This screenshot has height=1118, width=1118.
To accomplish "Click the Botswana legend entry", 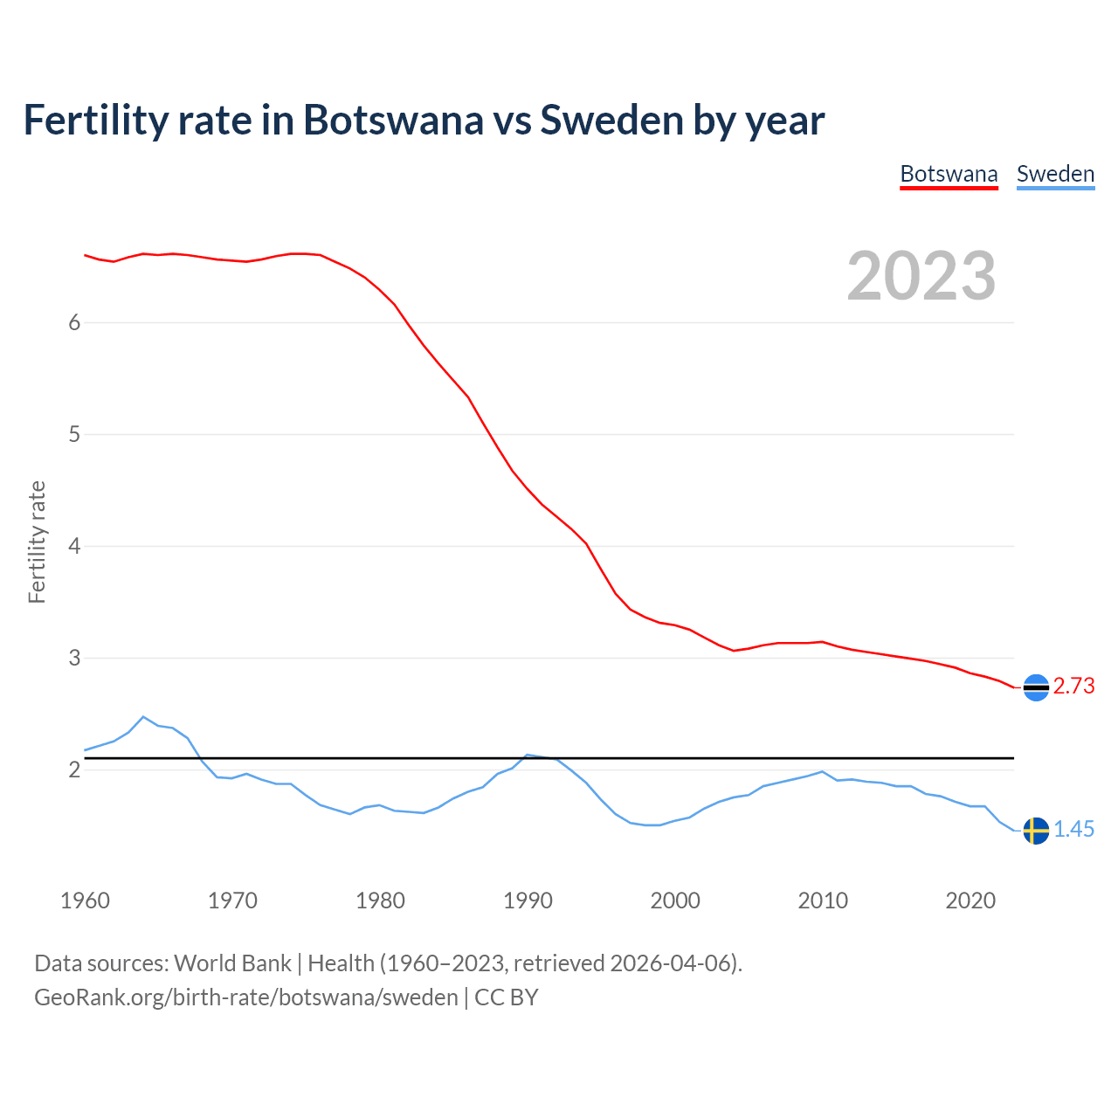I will (x=949, y=174).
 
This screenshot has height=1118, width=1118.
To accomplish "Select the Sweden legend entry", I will (x=1055, y=174).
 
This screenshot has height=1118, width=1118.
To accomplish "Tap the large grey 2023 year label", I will (x=921, y=276).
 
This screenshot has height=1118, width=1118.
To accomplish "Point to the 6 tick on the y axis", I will (x=74, y=322).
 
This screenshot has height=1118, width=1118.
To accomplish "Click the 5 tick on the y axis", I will (x=74, y=434).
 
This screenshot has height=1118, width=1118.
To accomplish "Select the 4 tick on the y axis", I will (x=74, y=546).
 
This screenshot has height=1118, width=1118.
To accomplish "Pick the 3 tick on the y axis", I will (x=74, y=658).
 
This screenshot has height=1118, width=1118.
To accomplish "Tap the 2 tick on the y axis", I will (x=74, y=769).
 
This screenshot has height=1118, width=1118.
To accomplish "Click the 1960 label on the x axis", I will (x=85, y=901).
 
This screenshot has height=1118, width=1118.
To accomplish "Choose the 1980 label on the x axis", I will (x=380, y=901).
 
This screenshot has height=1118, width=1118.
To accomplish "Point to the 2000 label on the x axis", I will (x=675, y=901).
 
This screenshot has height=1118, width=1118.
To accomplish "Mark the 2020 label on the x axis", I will (x=970, y=901).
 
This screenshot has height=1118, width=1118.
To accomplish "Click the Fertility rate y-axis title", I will (x=37, y=542).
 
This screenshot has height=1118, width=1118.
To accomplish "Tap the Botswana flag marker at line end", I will (x=1036, y=687).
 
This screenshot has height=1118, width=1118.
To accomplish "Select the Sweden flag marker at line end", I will (x=1036, y=831).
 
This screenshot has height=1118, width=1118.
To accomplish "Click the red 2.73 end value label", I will (x=1073, y=687).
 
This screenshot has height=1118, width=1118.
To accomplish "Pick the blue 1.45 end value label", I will (x=1073, y=830).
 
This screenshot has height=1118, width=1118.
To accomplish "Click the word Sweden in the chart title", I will (x=611, y=120).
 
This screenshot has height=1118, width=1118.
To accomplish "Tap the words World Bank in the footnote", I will (x=232, y=963).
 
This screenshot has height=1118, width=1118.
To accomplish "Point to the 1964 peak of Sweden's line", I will (x=143, y=717).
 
